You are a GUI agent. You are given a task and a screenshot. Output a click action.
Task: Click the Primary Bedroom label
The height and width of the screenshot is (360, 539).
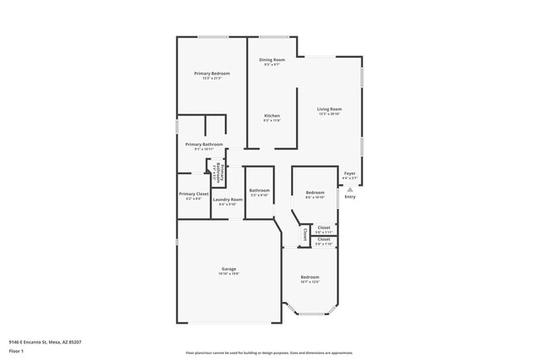[x=212, y=74]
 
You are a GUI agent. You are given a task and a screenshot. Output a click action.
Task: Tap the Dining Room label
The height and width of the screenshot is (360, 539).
[x=272, y=60]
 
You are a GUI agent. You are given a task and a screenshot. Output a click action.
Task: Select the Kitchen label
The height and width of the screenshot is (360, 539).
[x=272, y=115]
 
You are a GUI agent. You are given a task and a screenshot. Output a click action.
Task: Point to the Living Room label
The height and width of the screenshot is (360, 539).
[x=329, y=109]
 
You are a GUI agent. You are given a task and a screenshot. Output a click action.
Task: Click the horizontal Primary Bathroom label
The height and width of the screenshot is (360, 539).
[x=203, y=144]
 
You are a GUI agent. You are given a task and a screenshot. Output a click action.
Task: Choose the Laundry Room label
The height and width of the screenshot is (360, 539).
[x=227, y=199]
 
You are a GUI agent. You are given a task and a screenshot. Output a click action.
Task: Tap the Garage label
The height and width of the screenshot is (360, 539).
[x=230, y=269]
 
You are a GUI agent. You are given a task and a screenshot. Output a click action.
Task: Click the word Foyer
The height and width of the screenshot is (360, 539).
[x=350, y=173]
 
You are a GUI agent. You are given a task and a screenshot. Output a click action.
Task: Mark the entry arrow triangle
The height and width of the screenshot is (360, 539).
[x=350, y=188]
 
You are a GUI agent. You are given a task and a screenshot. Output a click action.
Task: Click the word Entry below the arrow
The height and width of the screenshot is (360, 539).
[x=350, y=197]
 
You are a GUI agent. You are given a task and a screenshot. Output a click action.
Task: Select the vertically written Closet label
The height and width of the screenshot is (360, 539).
[x=304, y=234]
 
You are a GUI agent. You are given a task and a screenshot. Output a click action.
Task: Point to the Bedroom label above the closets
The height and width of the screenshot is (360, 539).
[x=314, y=192]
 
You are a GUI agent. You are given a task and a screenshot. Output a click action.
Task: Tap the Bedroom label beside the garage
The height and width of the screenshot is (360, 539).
[x=309, y=276]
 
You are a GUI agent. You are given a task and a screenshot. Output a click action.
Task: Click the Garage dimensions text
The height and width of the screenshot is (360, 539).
[x=230, y=274]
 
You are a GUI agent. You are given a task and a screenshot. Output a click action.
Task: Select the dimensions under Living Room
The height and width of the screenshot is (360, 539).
[x=329, y=114]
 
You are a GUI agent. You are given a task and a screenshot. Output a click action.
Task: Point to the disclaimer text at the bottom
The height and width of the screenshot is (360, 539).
[x=269, y=352]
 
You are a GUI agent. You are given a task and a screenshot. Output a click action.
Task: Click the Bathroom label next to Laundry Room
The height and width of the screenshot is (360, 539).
[x=260, y=190]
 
